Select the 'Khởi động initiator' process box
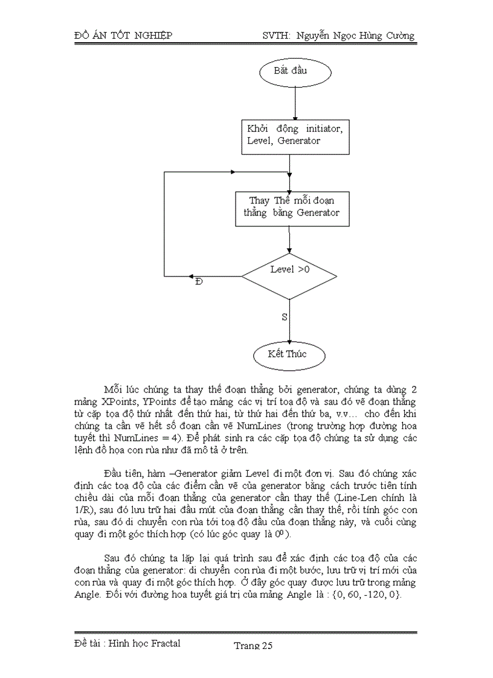(295, 136)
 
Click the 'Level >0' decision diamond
(289, 277)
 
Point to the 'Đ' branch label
(199, 283)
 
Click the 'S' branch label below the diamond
(284, 317)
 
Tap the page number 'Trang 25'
(254, 646)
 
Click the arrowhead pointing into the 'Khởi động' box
(295, 117)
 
